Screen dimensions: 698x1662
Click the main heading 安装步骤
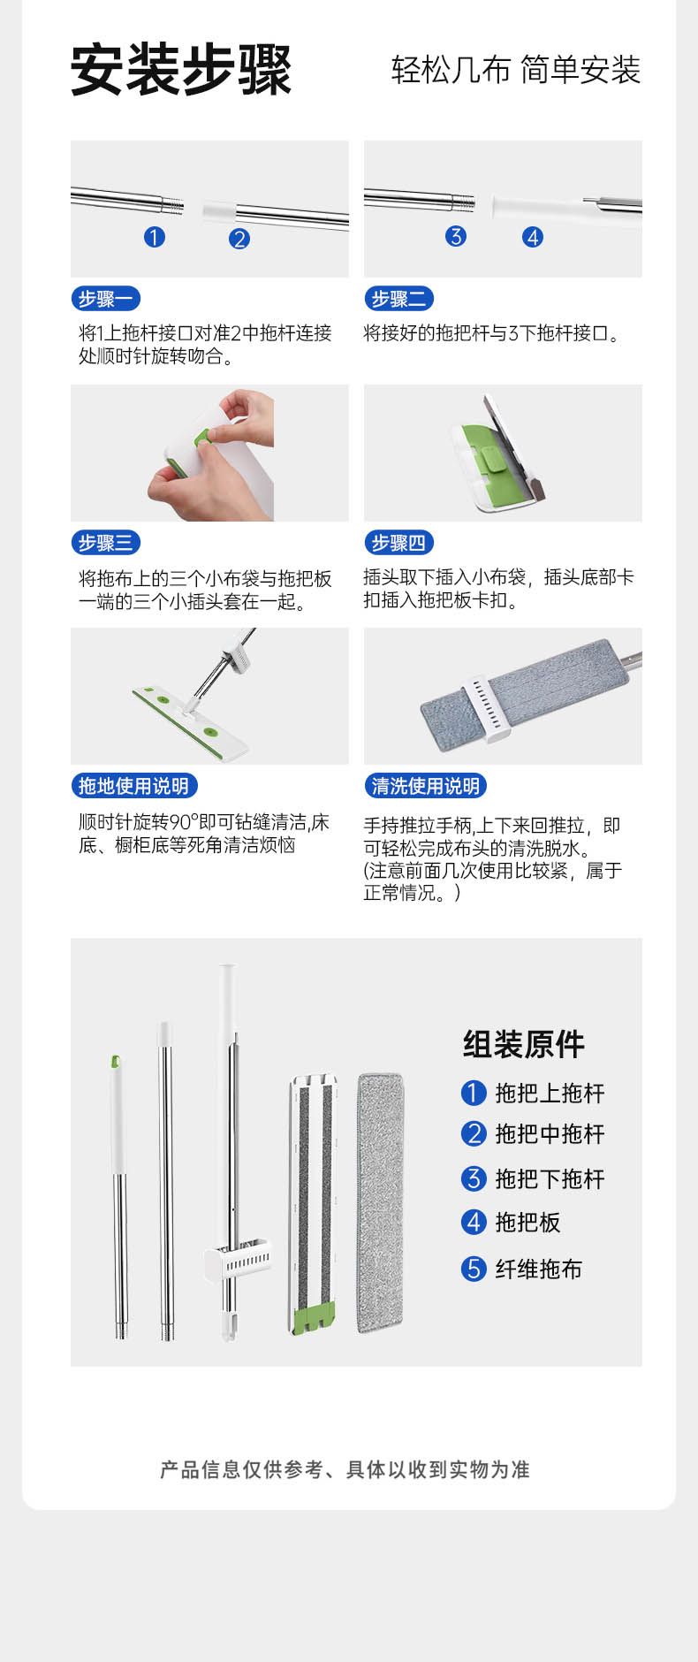(181, 70)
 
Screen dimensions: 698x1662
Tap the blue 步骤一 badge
(105, 299)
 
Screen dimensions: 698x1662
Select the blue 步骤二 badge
(398, 299)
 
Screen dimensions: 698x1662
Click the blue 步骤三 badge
(105, 543)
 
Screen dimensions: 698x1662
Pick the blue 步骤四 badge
(398, 543)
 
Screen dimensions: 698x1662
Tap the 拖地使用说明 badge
(133, 786)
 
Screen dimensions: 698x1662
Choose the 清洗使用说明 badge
(426, 786)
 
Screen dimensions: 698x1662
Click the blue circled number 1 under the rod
(155, 237)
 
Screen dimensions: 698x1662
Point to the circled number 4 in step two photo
(532, 237)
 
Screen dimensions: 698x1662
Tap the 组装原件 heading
(524, 1044)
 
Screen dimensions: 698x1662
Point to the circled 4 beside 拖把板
(474, 1223)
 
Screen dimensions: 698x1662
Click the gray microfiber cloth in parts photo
(382, 1203)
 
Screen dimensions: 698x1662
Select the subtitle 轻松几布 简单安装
(516, 70)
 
